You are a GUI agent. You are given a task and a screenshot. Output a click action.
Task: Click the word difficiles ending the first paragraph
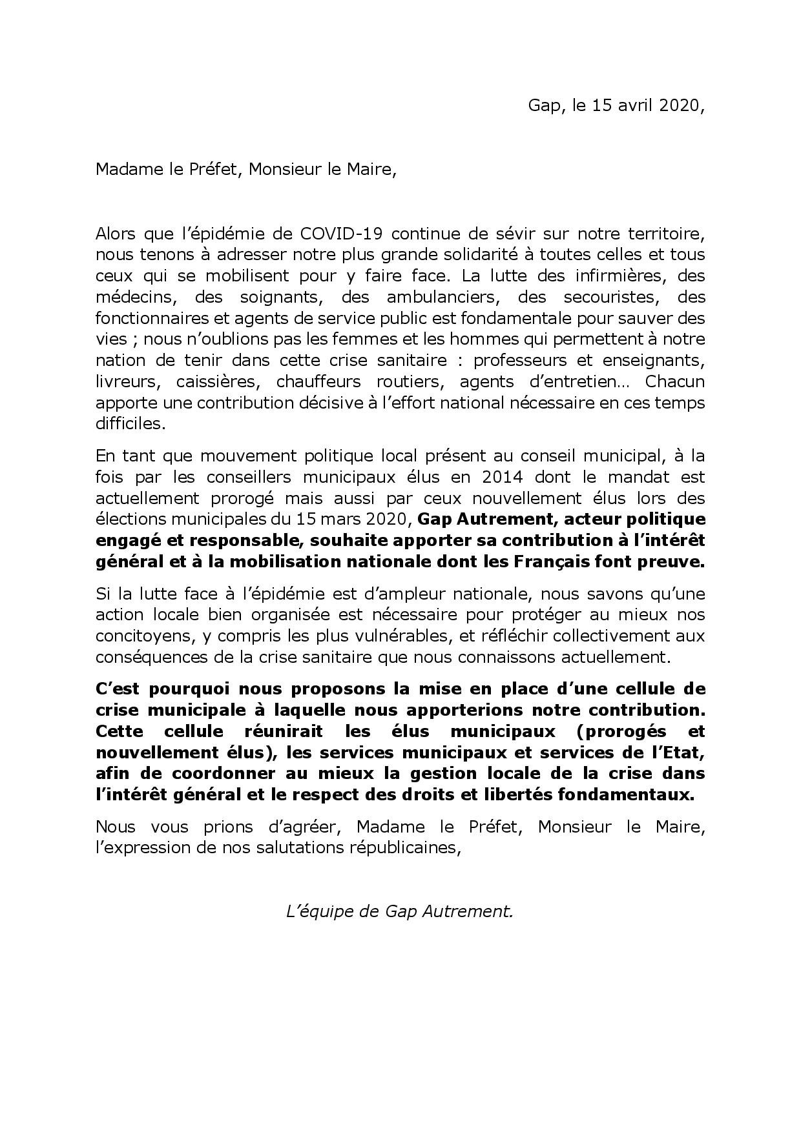click(x=129, y=423)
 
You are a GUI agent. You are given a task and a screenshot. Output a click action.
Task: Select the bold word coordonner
click(x=219, y=773)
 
